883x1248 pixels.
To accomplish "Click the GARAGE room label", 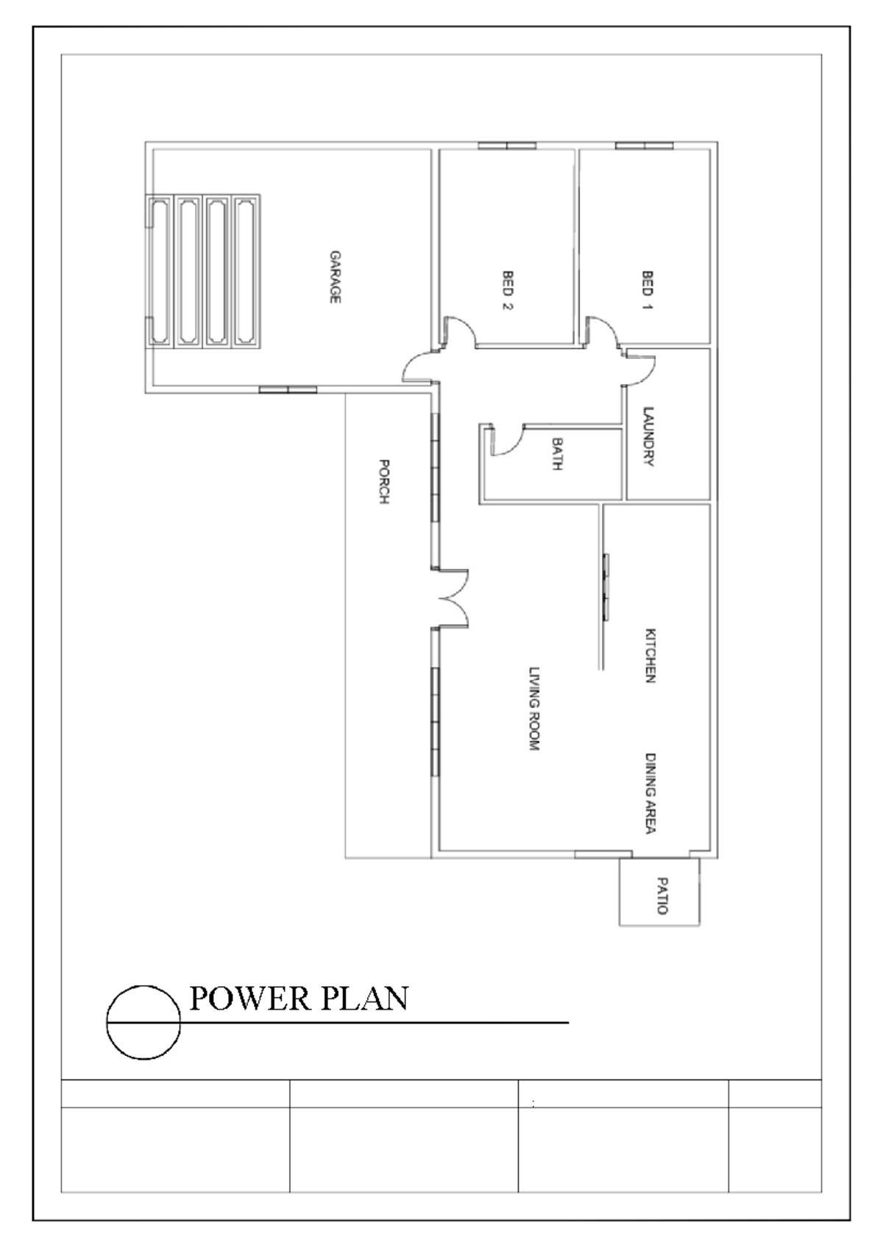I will tap(335, 277).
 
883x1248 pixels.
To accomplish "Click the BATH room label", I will tap(557, 454).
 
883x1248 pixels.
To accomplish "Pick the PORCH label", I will tap(383, 481).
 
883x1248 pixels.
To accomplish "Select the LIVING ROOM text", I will tap(535, 709).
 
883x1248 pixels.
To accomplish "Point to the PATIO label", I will tap(662, 895).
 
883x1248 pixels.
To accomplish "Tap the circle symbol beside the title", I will tap(143, 1022).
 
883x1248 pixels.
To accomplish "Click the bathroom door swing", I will tap(506, 441).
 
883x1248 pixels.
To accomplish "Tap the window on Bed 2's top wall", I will tap(507, 146).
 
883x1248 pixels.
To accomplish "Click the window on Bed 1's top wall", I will tap(645, 146).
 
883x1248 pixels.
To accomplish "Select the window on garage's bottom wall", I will tap(288, 389).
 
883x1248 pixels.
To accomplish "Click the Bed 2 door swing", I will tap(460, 330).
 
